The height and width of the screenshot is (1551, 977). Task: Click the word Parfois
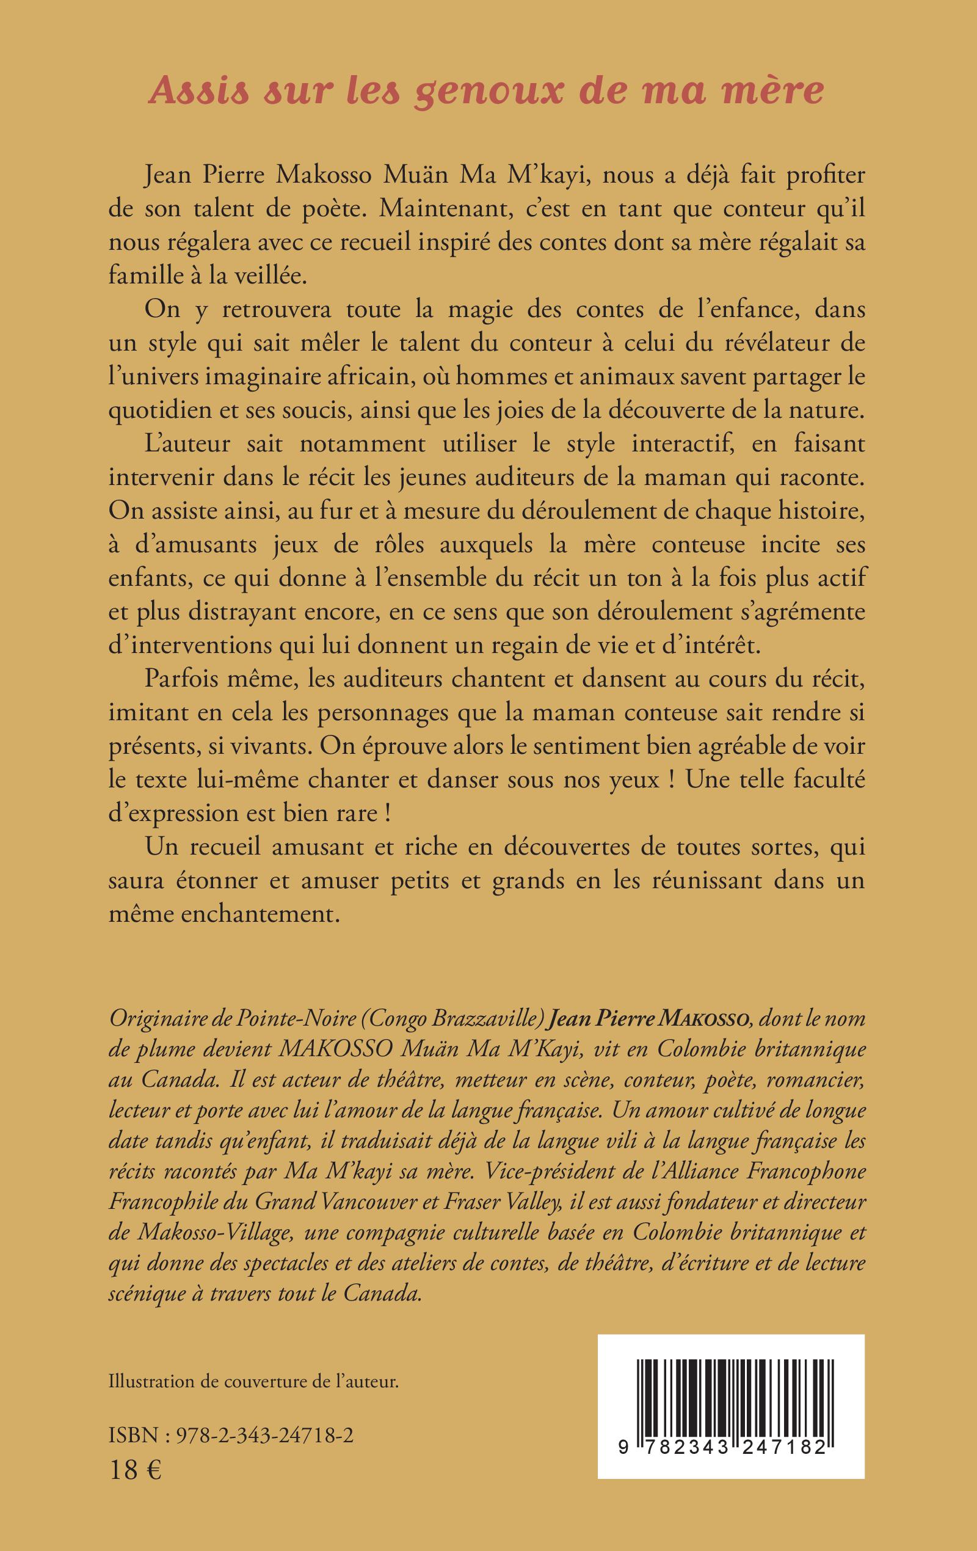188,679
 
